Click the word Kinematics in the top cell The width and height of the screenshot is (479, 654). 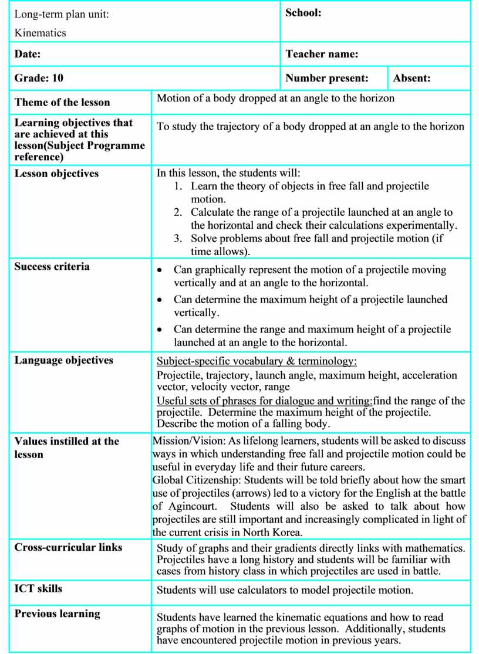tap(40, 33)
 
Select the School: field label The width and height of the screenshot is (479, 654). tap(303, 13)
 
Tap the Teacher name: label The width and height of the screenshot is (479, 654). tap(322, 55)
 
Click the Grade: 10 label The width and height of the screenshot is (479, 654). tap(39, 78)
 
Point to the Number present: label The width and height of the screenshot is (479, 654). tap(327, 78)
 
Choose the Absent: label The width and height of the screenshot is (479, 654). tap(411, 78)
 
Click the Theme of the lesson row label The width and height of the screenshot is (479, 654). tap(62, 103)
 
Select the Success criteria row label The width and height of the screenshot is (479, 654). tap(52, 267)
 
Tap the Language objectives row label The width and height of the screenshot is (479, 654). tap(64, 360)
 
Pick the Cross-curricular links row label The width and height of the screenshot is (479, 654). tap(68, 547)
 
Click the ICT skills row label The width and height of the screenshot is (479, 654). tap(38, 588)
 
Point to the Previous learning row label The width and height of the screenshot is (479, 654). tap(58, 614)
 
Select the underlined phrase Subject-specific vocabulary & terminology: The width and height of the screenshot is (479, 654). tap(257, 361)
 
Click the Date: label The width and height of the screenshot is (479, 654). tap(28, 55)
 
